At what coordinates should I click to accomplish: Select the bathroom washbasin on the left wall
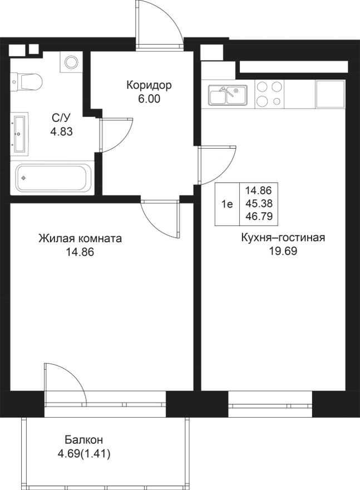pos(20,134)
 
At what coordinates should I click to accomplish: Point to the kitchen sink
pos(228,95)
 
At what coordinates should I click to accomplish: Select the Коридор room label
pos(149,86)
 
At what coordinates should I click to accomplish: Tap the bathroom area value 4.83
pos(62,132)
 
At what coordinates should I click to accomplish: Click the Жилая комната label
pos(80,239)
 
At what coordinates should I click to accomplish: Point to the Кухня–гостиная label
pos(283,238)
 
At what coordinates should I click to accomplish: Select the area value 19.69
pos(283,251)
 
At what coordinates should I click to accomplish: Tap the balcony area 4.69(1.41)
pos(84,454)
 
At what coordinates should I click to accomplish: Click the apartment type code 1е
pos(227,204)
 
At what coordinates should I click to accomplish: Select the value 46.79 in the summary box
pos(258,217)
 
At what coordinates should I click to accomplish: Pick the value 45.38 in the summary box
pos(258,204)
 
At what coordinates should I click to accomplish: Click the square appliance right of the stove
pos(331,94)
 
